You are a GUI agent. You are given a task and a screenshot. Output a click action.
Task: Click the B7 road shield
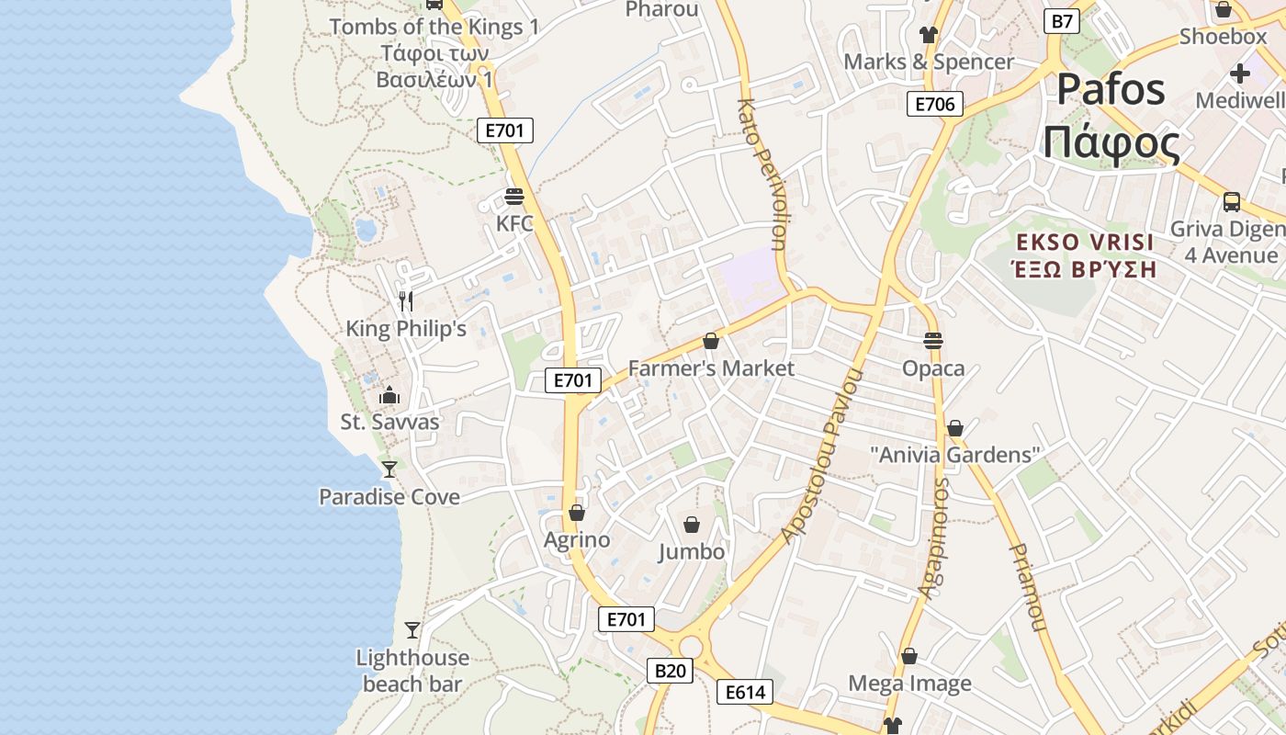(1062, 21)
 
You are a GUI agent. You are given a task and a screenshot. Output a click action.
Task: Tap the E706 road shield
(935, 104)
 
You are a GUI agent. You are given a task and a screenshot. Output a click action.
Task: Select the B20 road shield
(670, 672)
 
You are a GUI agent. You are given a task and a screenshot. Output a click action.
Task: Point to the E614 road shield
(745, 692)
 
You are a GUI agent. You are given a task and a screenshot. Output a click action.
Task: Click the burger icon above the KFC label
(514, 197)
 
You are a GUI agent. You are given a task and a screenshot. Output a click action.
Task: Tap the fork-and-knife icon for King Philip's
(406, 300)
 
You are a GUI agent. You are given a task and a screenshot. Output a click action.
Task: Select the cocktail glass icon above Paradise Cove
(389, 469)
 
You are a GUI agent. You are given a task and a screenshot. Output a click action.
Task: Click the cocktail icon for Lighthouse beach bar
(412, 630)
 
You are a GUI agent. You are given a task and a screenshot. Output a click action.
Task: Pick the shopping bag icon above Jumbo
(692, 525)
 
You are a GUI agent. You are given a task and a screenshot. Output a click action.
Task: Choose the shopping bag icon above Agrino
(577, 512)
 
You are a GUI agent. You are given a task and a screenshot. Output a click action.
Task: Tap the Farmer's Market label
(711, 368)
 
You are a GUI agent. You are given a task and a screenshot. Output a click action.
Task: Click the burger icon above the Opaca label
(933, 341)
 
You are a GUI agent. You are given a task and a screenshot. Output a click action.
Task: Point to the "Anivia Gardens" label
(954, 455)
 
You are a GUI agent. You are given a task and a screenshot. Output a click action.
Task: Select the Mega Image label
(909, 684)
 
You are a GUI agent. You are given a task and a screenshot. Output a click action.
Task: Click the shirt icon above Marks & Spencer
(928, 35)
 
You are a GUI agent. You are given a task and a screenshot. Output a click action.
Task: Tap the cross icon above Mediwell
(1240, 73)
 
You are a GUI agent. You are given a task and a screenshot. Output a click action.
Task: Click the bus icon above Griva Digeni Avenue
(1232, 201)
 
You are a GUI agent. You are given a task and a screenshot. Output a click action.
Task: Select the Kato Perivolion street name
(761, 175)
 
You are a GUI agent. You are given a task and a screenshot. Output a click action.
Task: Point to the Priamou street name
(1027, 588)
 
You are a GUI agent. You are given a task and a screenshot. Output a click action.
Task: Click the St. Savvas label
(389, 423)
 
